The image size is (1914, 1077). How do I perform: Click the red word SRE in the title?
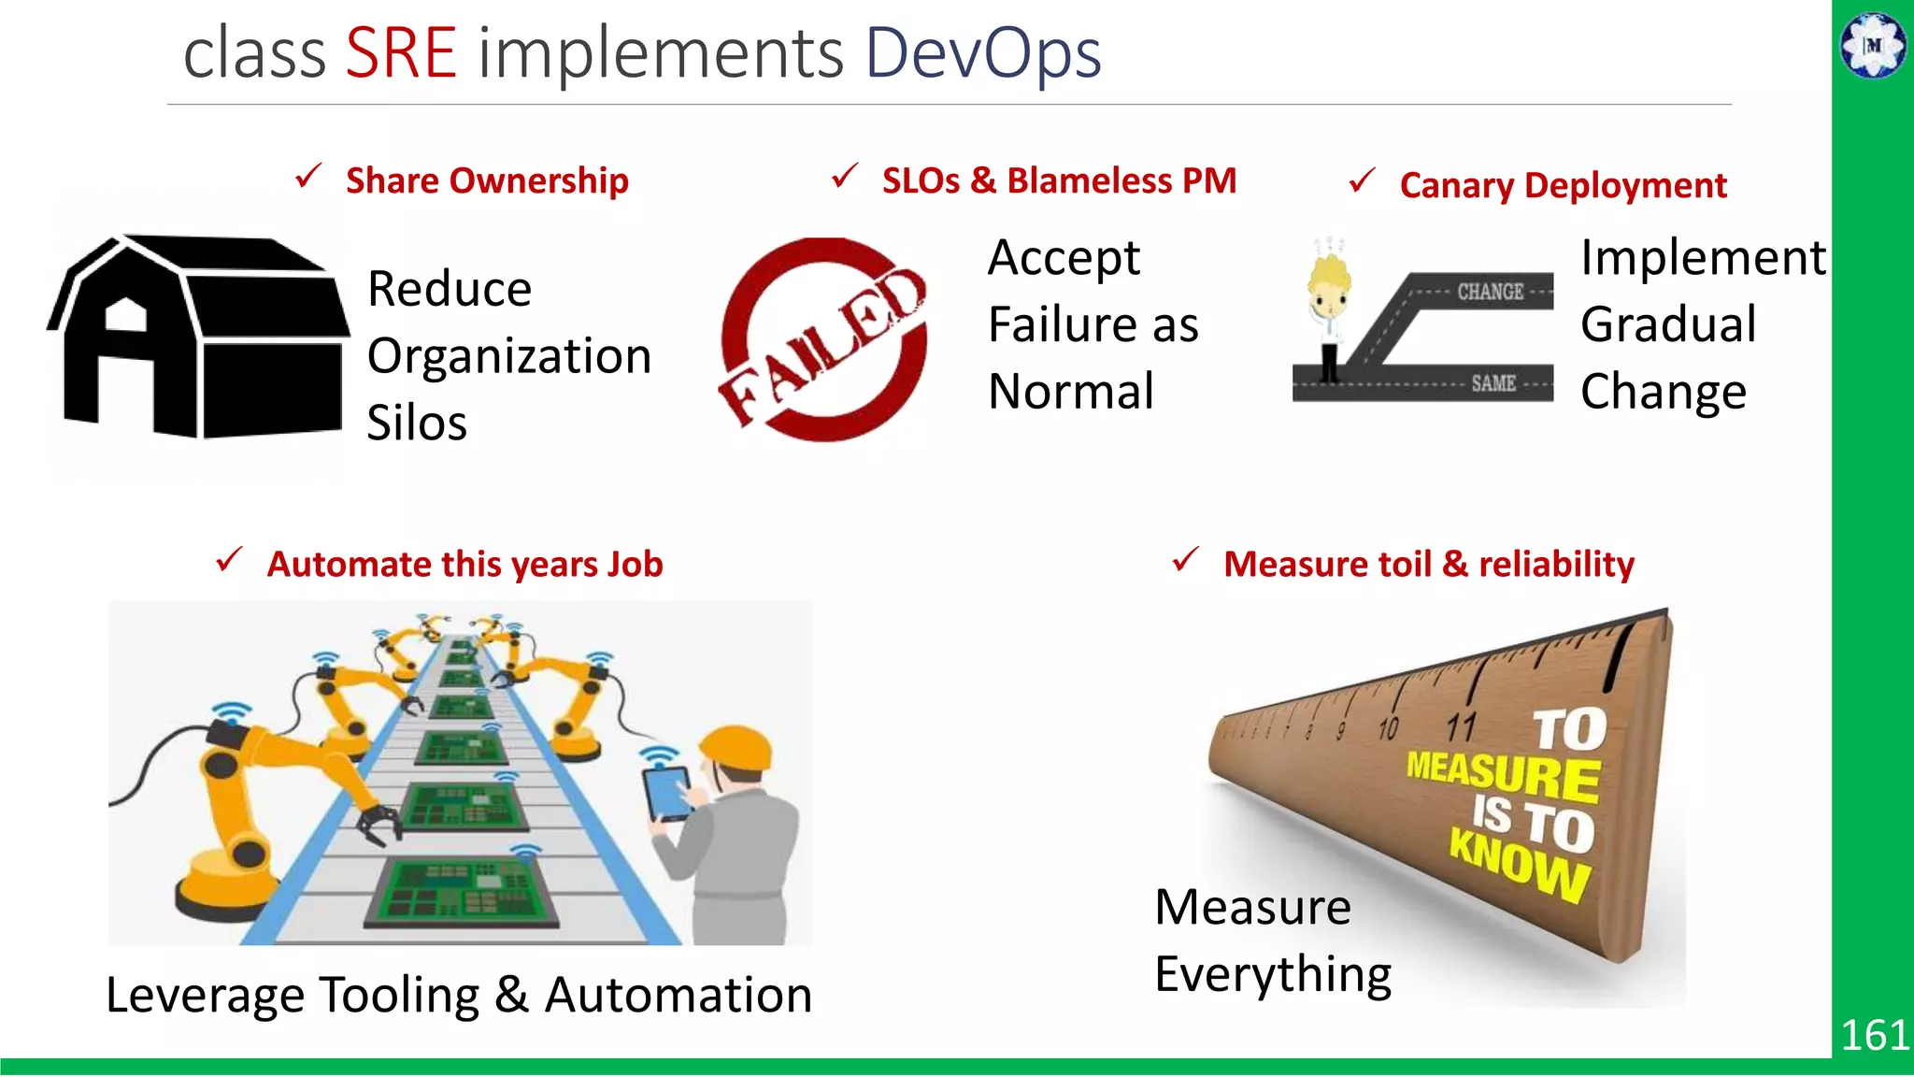[401, 53]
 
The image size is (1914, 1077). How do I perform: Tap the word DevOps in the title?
[983, 53]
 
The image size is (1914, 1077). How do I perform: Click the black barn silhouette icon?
[198, 337]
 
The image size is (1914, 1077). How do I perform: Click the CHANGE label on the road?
[1490, 292]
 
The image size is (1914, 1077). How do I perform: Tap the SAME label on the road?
[1493, 383]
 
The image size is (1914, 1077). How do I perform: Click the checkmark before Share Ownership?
[308, 176]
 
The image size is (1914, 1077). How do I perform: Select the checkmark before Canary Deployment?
[1363, 179]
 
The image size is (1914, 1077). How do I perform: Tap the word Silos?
[417, 424]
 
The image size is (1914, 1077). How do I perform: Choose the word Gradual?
[1668, 324]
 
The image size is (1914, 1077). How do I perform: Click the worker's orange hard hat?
[737, 747]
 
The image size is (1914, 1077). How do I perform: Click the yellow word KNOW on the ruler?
[1520, 866]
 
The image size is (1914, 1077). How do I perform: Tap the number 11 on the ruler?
[1461, 726]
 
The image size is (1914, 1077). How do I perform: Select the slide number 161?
[1874, 1035]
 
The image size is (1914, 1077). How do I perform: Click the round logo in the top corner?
[1873, 45]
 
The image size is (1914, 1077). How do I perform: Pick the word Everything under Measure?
[1273, 975]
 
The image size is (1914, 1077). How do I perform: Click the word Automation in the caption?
[678, 995]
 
